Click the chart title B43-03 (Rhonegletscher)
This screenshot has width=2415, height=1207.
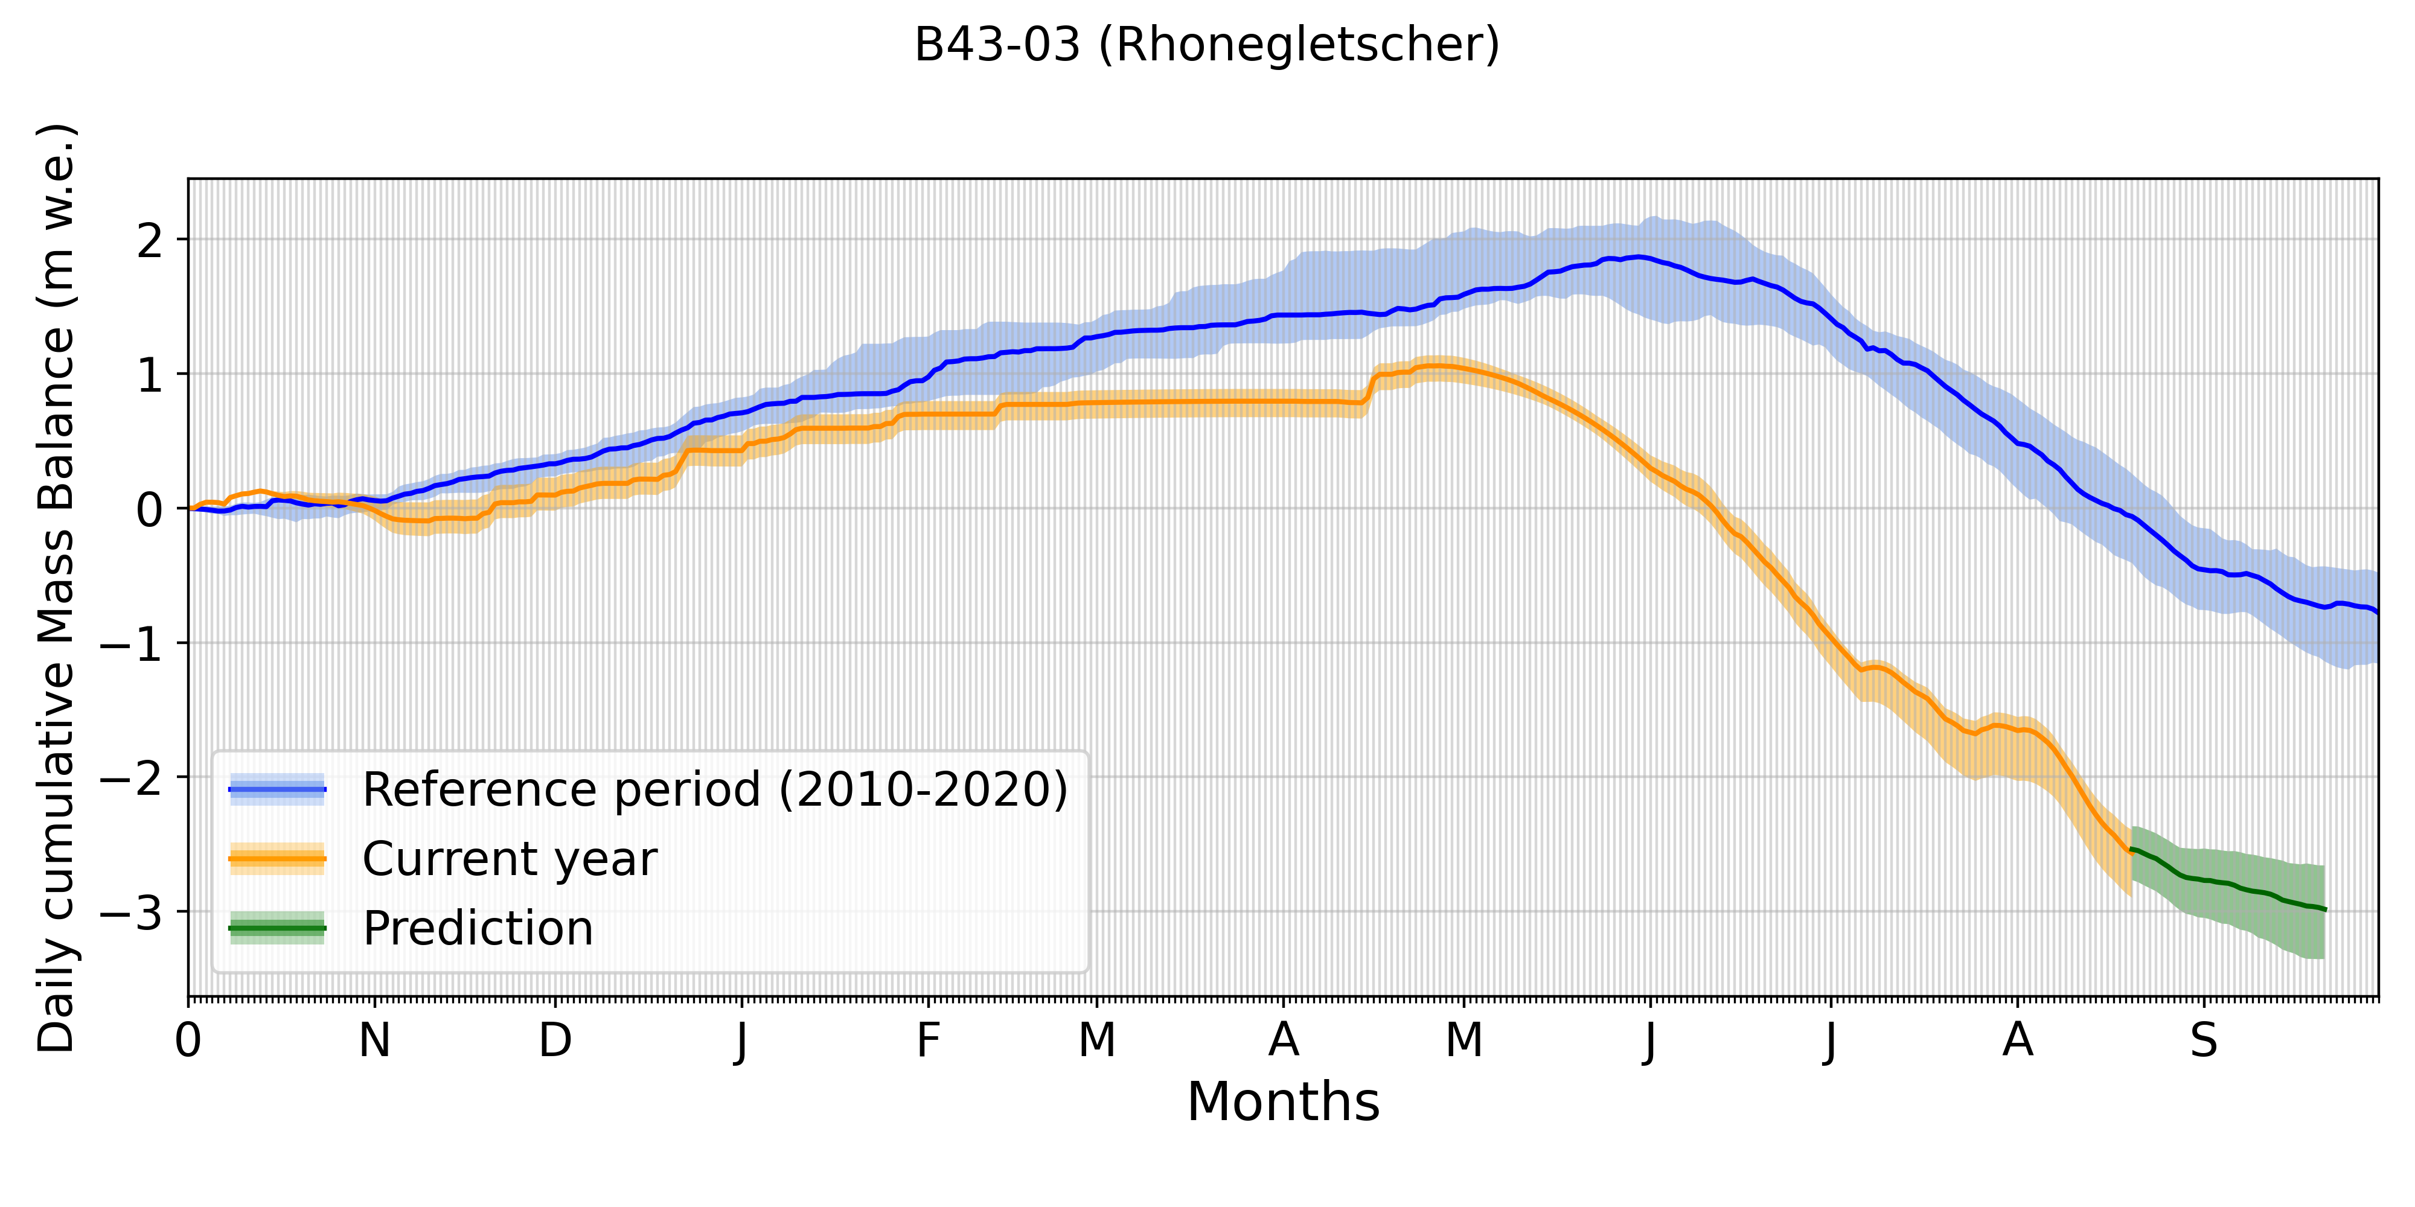(x=1206, y=44)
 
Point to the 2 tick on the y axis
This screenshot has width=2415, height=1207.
(x=150, y=241)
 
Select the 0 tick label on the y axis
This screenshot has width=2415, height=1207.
(x=150, y=510)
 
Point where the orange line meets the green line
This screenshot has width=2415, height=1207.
(x=2131, y=849)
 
